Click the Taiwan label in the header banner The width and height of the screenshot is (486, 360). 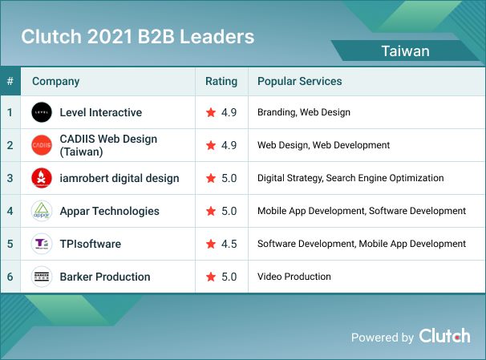point(405,51)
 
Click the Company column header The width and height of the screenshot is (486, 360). point(55,82)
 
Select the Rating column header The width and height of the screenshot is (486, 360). point(221,82)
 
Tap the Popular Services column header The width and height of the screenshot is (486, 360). point(299,82)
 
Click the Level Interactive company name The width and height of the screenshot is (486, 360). point(100,112)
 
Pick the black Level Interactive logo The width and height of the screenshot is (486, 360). point(42,112)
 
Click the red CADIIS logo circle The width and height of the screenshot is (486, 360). point(42,145)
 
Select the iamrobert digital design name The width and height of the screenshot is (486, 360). point(119,178)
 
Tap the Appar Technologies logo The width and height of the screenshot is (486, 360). point(42,211)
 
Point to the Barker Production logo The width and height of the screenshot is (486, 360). point(42,277)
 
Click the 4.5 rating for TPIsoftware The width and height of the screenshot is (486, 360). point(229,244)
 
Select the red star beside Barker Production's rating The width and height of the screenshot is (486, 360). point(211,277)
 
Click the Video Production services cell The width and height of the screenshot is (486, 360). point(294,277)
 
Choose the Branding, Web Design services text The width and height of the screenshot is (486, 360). point(303,112)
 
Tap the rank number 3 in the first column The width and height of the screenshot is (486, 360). point(10,178)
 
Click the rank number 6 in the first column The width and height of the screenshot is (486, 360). point(10,277)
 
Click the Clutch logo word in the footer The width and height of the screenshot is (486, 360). point(444,336)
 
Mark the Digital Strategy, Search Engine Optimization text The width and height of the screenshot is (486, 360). point(350,178)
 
